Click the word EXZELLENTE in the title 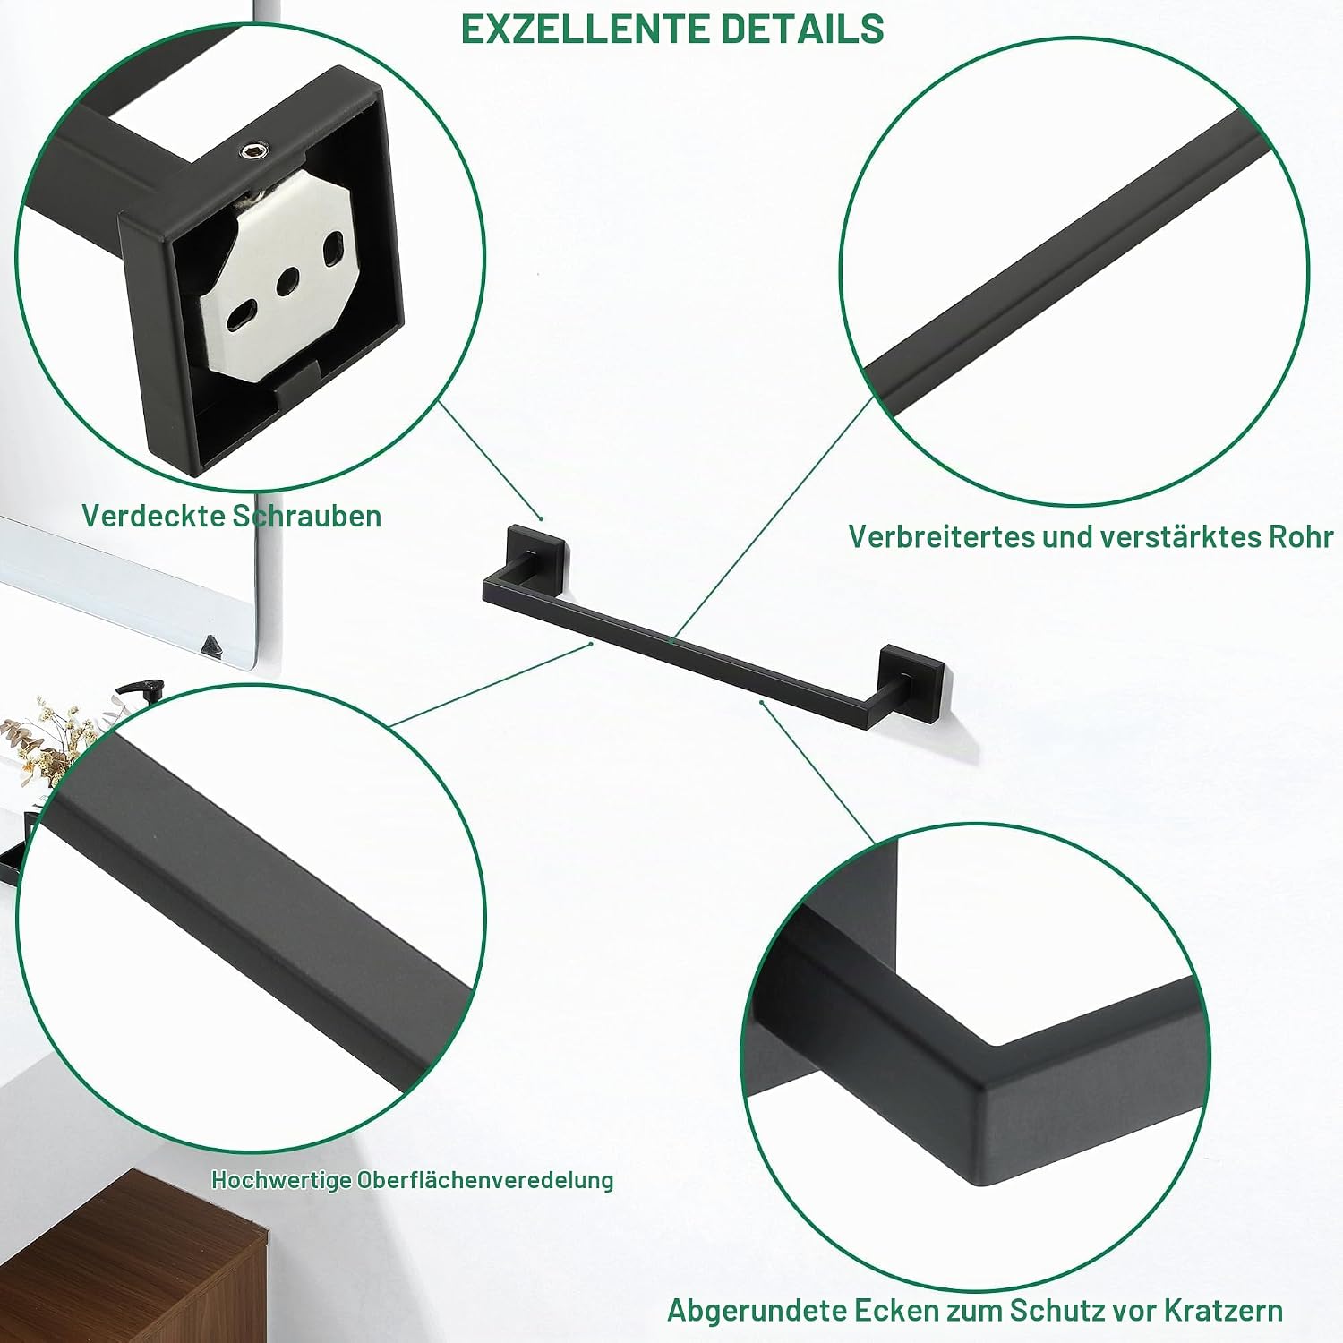coord(586,29)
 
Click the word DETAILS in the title coord(802,29)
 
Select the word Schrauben coord(306,516)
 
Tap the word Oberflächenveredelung coord(485,1180)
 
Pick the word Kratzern coord(1223,1311)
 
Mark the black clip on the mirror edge coord(212,646)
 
